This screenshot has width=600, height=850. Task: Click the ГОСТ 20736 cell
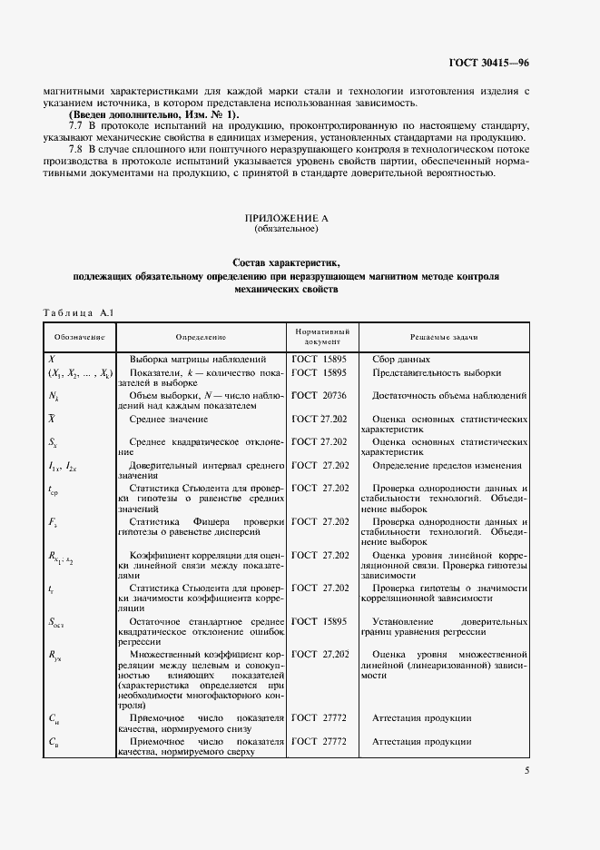(x=320, y=396)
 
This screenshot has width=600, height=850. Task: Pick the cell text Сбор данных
(x=400, y=359)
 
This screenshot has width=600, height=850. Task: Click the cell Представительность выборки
(x=433, y=372)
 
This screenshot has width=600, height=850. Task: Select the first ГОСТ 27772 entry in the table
(x=320, y=718)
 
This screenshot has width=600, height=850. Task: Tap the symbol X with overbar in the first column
(x=53, y=419)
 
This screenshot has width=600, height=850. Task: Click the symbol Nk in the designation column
(x=54, y=397)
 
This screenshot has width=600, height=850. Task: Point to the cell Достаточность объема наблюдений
(x=449, y=396)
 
